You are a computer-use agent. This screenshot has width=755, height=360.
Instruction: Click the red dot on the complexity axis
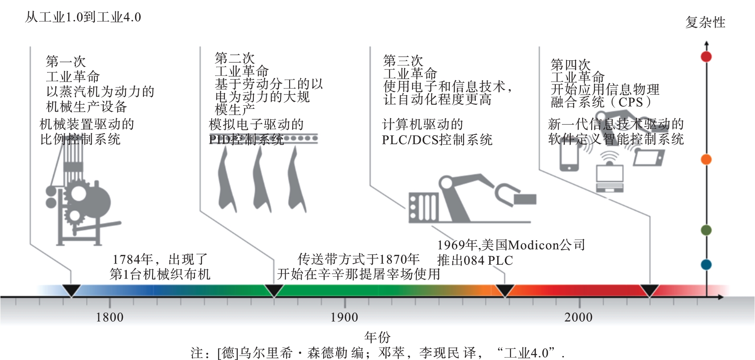click(706, 57)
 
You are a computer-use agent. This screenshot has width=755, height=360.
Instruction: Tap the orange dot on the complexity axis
click(706, 160)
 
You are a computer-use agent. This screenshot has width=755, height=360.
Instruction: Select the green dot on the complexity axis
click(706, 230)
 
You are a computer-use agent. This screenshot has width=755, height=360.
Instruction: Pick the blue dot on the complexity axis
click(706, 265)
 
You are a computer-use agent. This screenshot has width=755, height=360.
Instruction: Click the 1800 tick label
click(110, 317)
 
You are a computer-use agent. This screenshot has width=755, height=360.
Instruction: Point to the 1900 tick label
click(344, 317)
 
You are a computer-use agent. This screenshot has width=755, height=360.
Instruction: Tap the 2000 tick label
click(578, 317)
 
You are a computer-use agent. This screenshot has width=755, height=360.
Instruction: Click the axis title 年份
click(377, 337)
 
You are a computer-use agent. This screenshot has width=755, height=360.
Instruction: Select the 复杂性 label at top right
click(705, 22)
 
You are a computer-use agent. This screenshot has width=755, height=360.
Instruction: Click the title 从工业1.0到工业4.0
click(83, 17)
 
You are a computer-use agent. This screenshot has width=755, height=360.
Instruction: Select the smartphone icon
click(569, 157)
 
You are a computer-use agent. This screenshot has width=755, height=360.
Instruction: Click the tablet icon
click(648, 157)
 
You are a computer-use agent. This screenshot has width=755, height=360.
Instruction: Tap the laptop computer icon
click(610, 177)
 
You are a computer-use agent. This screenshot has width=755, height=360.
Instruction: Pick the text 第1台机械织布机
click(160, 274)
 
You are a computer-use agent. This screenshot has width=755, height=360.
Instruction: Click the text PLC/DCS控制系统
click(437, 140)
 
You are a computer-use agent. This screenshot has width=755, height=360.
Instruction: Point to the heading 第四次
click(570, 64)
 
